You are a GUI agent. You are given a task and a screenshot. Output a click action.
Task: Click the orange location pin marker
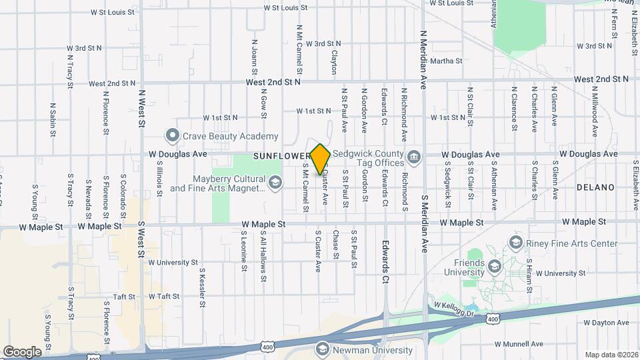[321, 159]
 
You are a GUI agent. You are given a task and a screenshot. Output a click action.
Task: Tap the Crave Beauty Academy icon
[173, 136]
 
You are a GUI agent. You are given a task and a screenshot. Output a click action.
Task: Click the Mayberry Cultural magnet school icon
[274, 182]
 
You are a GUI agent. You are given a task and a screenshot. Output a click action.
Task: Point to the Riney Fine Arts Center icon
[515, 241]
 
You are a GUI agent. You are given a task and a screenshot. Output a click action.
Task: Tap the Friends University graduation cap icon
[494, 267]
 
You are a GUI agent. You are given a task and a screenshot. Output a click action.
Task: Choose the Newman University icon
[323, 349]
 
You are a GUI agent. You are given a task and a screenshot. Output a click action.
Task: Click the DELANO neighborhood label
[595, 187]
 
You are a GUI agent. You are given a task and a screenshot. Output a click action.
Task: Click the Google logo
[23, 351]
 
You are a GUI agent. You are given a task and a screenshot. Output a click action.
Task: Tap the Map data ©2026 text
[611, 355]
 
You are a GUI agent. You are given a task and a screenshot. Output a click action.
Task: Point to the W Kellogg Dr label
[453, 309]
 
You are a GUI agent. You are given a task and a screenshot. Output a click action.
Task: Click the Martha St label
[446, 61]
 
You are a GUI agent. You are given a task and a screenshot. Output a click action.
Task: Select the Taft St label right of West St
[165, 296]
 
